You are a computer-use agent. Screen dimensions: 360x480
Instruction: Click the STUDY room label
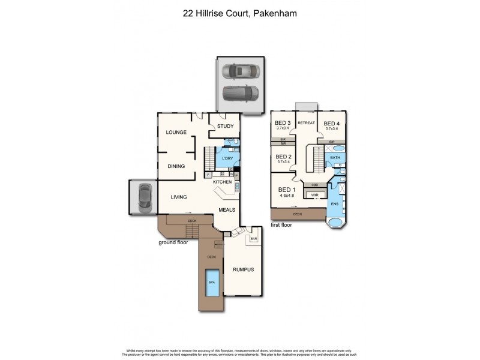225,126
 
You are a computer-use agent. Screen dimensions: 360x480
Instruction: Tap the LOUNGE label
176,132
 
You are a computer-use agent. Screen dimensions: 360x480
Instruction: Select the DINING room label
176,167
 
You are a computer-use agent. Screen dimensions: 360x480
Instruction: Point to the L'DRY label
227,159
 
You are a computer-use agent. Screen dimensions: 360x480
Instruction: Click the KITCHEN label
223,181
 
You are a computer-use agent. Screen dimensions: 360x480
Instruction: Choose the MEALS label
226,209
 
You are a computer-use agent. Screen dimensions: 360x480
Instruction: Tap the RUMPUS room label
244,269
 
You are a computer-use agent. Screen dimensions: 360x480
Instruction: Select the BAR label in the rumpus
254,238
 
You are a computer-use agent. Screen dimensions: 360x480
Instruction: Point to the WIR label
314,195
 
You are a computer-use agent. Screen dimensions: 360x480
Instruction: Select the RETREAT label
307,123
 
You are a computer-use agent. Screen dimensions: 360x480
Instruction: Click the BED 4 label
333,122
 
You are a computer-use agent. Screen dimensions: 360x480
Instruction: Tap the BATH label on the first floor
335,158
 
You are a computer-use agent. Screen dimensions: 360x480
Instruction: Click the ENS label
335,204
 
